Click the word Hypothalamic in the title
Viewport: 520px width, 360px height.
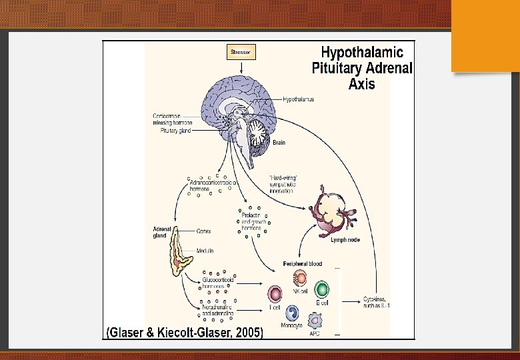362,52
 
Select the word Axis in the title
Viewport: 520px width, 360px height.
361,84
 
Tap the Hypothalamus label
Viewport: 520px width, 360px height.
298,99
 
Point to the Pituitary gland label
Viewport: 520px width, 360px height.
175,131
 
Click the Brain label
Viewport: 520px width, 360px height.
279,143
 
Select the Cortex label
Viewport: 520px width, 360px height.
204,231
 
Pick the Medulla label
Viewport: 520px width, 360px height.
205,251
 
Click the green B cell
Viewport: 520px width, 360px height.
321,289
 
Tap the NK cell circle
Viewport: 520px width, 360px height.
301,279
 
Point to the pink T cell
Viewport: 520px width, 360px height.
275,294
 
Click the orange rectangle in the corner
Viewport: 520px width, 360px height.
485,35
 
